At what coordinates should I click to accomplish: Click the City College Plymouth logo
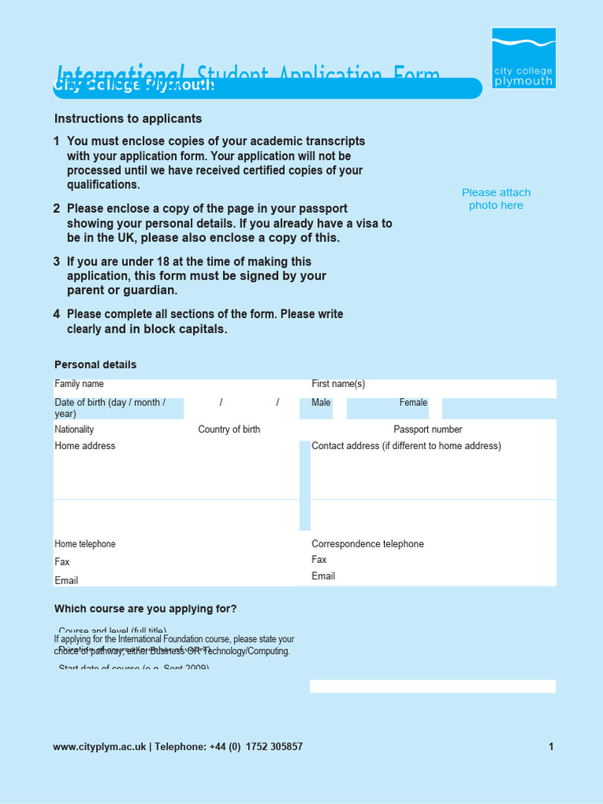pyautogui.click(x=524, y=58)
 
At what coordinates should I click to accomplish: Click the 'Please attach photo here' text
pyautogui.click(x=496, y=199)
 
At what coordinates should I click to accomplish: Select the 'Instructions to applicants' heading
pyautogui.click(x=128, y=119)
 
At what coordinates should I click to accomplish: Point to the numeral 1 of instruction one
pyautogui.click(x=57, y=141)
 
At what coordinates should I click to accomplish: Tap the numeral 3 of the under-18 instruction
pyautogui.click(x=57, y=261)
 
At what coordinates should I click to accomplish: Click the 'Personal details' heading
pyautogui.click(x=95, y=364)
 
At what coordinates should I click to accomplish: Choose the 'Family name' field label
pyautogui.click(x=79, y=384)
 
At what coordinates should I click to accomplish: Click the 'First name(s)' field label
pyautogui.click(x=338, y=384)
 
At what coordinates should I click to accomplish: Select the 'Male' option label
pyautogui.click(x=321, y=403)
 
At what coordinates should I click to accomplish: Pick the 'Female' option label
pyautogui.click(x=413, y=403)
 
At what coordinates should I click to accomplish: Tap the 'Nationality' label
pyautogui.click(x=75, y=429)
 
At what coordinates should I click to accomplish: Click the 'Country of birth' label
pyautogui.click(x=229, y=429)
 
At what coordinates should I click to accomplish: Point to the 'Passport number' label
pyautogui.click(x=428, y=429)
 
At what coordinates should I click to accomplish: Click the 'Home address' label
pyautogui.click(x=85, y=446)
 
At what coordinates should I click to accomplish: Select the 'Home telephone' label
pyautogui.click(x=85, y=544)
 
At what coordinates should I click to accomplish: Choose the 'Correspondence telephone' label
pyautogui.click(x=367, y=544)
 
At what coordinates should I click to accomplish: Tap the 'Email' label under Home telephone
pyautogui.click(x=67, y=581)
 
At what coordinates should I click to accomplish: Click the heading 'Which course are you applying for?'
pyautogui.click(x=145, y=608)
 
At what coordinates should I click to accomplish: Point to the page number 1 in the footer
pyautogui.click(x=551, y=747)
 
